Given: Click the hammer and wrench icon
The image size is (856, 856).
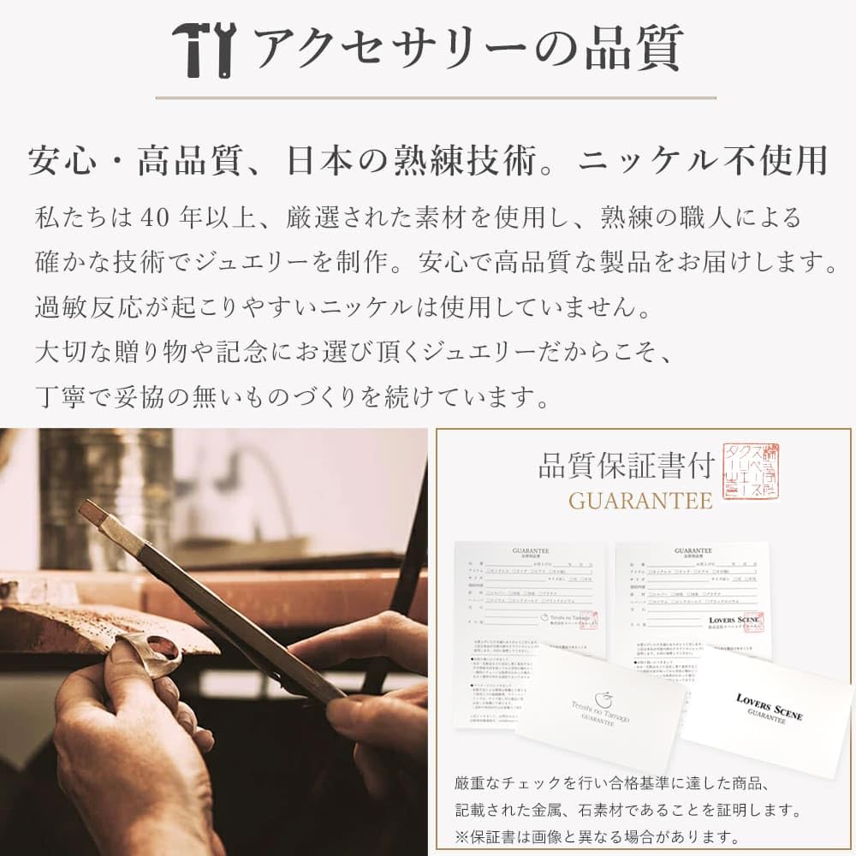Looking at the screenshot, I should (203, 49).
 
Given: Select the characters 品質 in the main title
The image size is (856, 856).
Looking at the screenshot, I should (633, 49).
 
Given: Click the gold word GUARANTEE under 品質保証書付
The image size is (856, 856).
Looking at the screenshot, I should (640, 501).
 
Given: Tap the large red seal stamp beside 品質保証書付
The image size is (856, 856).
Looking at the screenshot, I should (751, 471).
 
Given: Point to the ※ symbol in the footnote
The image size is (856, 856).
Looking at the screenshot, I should (463, 836).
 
